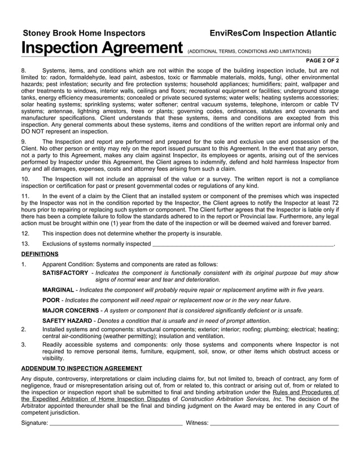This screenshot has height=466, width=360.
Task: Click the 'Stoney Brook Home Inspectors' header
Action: tap(84, 33)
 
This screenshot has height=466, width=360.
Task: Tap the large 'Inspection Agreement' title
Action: tap(102, 49)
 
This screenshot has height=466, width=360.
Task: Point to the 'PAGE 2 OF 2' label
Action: tap(322, 60)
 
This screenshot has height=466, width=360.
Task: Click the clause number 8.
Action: tap(24, 71)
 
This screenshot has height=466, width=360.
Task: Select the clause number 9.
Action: tap(24, 142)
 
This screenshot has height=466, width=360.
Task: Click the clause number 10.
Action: tap(25, 178)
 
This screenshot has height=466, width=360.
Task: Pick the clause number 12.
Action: tap(25, 234)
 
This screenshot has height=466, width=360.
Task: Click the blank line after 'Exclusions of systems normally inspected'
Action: tap(243, 244)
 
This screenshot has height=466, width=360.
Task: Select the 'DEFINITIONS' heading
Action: tap(39, 254)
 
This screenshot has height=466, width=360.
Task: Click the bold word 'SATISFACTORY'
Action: tap(65, 272)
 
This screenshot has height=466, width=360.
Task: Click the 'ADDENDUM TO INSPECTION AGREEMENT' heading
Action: tap(81, 368)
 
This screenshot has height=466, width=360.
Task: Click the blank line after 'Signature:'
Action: tap(116, 423)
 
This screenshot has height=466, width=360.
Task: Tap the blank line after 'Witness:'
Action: tap(274, 423)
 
